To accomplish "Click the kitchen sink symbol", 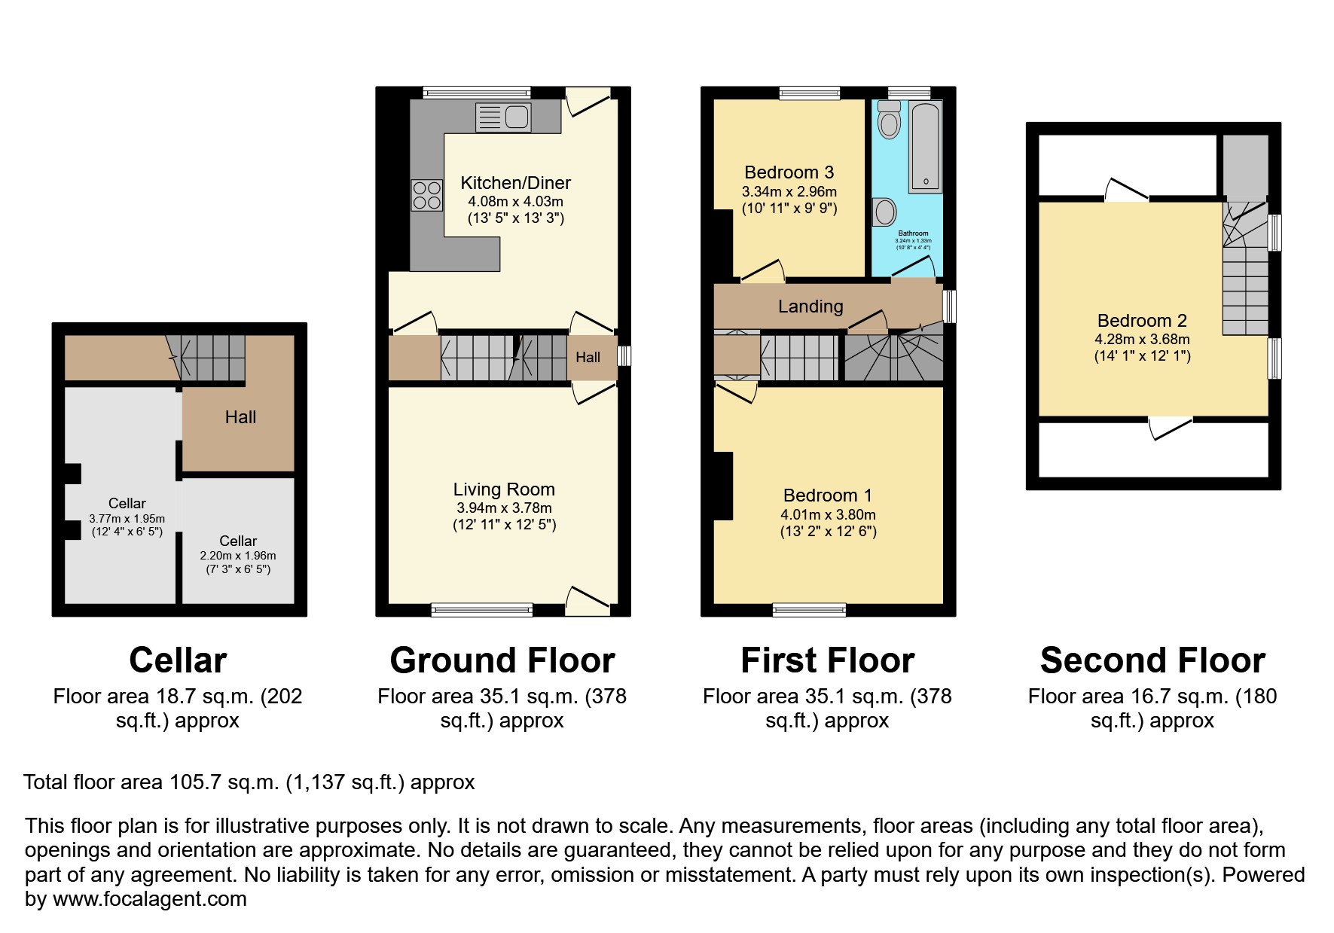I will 503,117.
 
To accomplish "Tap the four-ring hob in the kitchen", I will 426,196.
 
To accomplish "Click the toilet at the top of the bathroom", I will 890,120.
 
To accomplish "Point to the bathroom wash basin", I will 884,212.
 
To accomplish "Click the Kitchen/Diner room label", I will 515,183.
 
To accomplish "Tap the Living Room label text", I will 504,489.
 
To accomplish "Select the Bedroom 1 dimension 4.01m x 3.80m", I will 828,515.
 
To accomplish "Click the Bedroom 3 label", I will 789,172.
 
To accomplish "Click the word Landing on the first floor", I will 810,306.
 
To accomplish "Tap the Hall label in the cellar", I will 240,417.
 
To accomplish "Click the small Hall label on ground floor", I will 588,357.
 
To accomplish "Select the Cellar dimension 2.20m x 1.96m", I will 237,556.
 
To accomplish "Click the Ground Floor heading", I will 502,660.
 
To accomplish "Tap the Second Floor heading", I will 1152,660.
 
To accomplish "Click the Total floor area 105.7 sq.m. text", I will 249,782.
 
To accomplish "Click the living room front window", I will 482,609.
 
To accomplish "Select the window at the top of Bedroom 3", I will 809,93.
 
